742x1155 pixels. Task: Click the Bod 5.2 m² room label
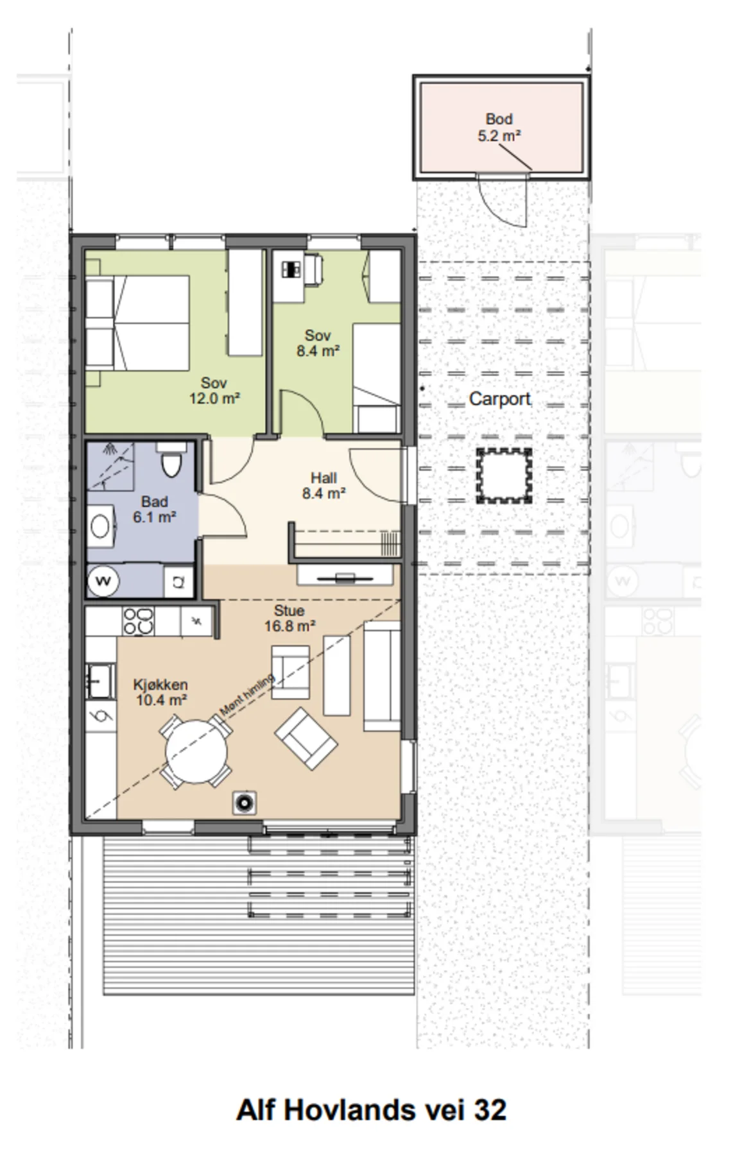pos(498,127)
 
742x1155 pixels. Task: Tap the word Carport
pos(499,398)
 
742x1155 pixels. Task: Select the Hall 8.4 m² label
pos(324,485)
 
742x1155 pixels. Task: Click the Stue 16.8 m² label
pos(289,618)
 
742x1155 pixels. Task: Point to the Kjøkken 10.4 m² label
pos(160,692)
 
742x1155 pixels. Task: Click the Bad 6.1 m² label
pos(155,509)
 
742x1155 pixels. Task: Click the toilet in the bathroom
pos(171,461)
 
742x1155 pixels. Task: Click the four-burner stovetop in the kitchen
pos(138,621)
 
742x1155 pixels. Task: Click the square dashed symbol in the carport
pos(504,475)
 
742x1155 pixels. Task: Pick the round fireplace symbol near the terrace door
pos(244,803)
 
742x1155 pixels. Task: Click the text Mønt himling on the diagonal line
pos(247,694)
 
